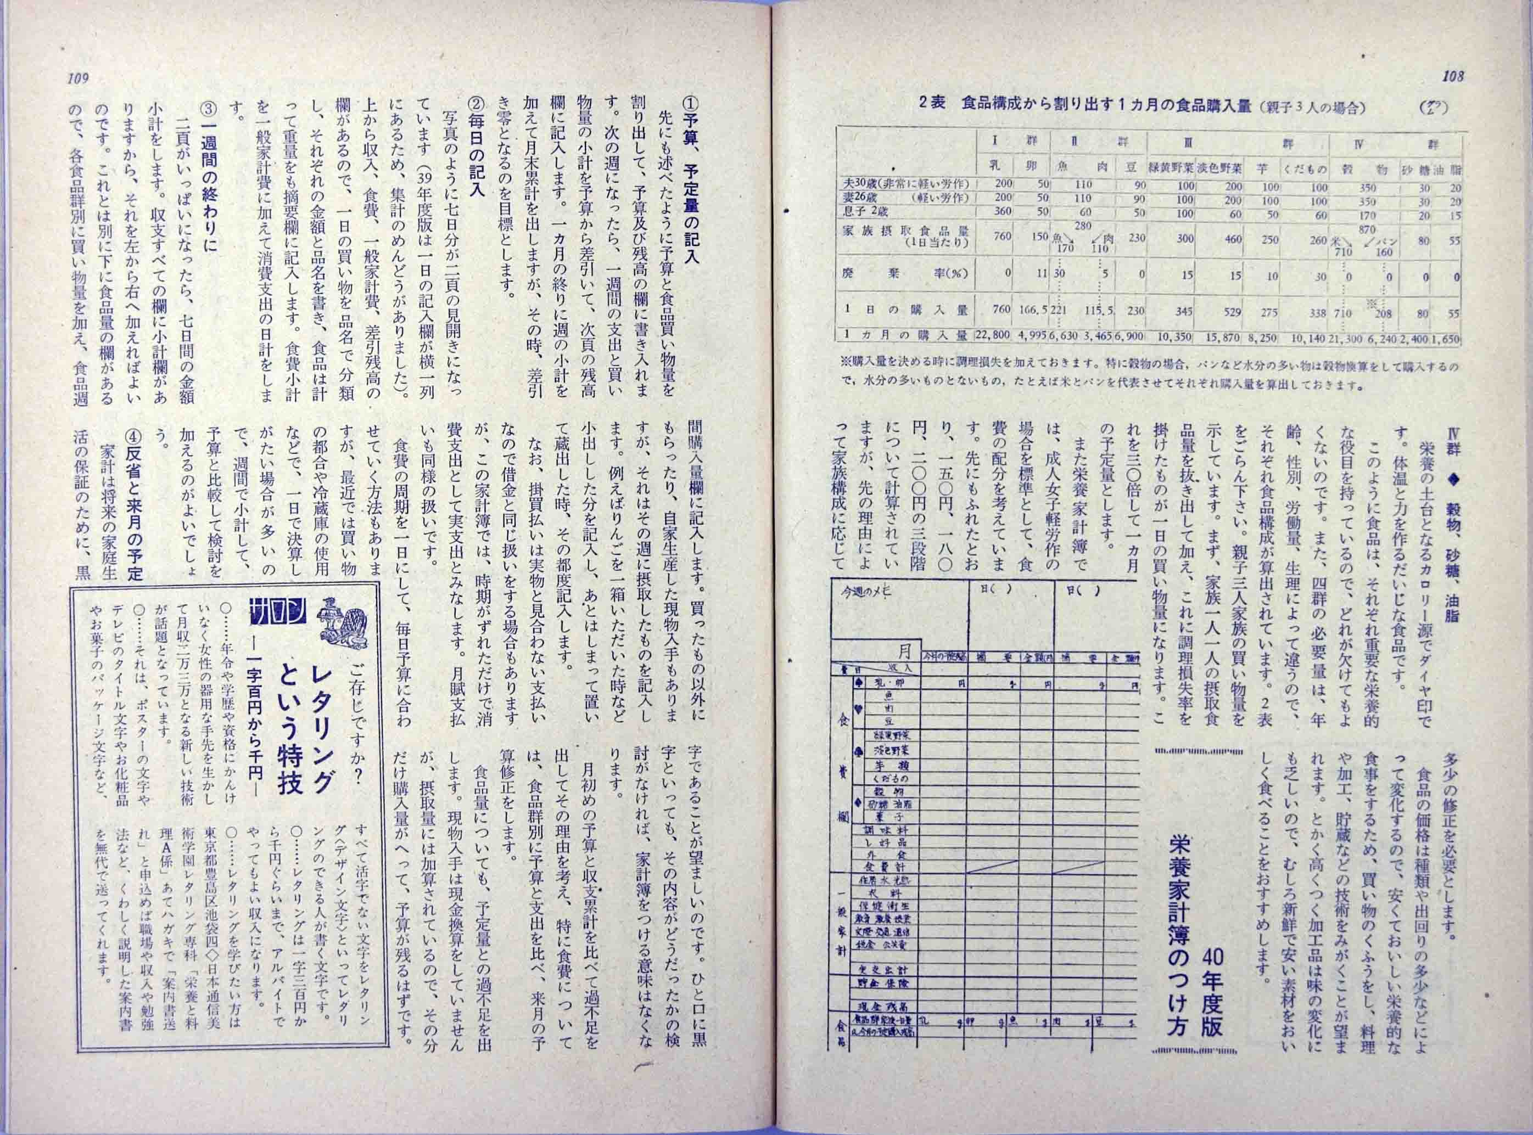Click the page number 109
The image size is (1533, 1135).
pyautogui.click(x=79, y=78)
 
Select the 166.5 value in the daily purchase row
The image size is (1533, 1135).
pyautogui.click(x=1033, y=311)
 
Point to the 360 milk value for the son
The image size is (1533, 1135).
pyautogui.click(x=1003, y=212)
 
